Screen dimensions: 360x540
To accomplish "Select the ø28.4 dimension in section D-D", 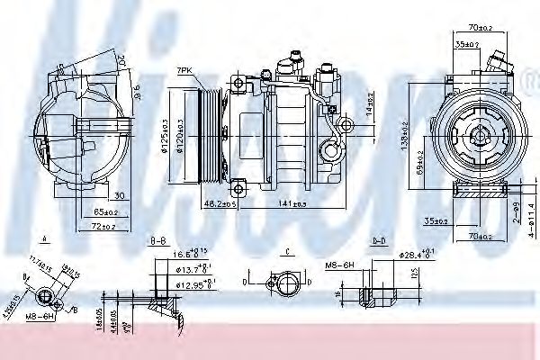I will tap(413, 255).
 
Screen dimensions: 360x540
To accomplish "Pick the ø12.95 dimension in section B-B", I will tap(194, 283).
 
